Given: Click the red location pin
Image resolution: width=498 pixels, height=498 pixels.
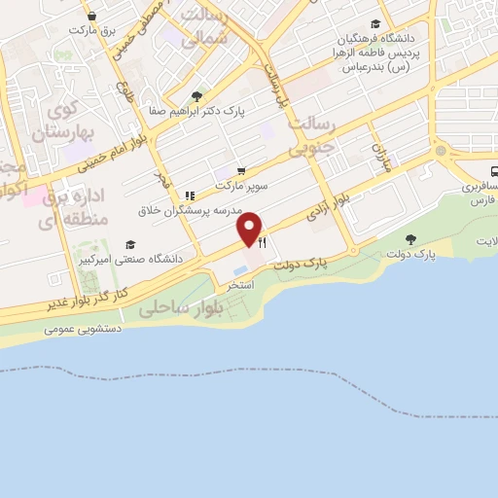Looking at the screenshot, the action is (250, 228).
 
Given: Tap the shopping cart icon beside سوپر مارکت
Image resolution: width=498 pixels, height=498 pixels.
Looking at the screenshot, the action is (240, 169).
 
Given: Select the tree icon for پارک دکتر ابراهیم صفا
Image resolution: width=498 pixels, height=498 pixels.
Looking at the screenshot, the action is (196, 96).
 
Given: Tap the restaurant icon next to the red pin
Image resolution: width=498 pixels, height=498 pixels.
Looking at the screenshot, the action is (262, 244).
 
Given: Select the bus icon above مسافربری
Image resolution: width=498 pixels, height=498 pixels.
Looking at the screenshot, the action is (494, 168).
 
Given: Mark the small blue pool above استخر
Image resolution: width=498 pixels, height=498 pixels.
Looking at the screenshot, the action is (241, 268).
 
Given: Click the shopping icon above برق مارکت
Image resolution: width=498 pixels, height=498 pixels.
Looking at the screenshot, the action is (91, 16).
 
